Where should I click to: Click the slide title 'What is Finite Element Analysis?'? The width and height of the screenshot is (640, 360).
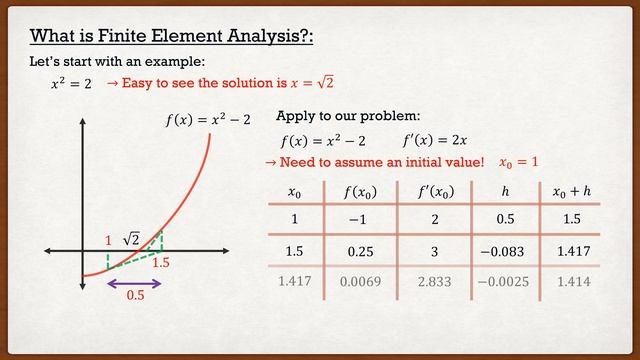(x=173, y=38)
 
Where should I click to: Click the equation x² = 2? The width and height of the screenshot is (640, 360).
(x=71, y=85)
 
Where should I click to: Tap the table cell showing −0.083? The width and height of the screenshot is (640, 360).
(x=503, y=251)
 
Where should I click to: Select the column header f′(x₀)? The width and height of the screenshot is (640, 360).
(x=426, y=190)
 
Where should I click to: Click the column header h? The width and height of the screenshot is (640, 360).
(x=504, y=190)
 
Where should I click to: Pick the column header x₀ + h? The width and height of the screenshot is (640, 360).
(x=573, y=190)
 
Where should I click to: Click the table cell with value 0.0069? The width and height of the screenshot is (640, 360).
(x=360, y=282)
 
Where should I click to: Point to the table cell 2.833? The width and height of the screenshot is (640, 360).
(x=426, y=282)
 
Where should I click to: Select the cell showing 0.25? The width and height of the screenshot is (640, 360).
(x=360, y=251)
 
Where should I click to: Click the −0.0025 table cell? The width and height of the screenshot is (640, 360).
(x=503, y=282)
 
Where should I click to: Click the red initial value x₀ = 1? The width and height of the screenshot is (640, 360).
(x=518, y=161)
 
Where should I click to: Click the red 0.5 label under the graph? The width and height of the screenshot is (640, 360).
(x=134, y=297)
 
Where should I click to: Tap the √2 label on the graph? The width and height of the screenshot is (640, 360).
(x=131, y=239)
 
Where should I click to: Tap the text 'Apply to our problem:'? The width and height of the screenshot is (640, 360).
(x=341, y=116)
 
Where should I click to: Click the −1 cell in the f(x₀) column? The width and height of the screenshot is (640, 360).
(x=360, y=219)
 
